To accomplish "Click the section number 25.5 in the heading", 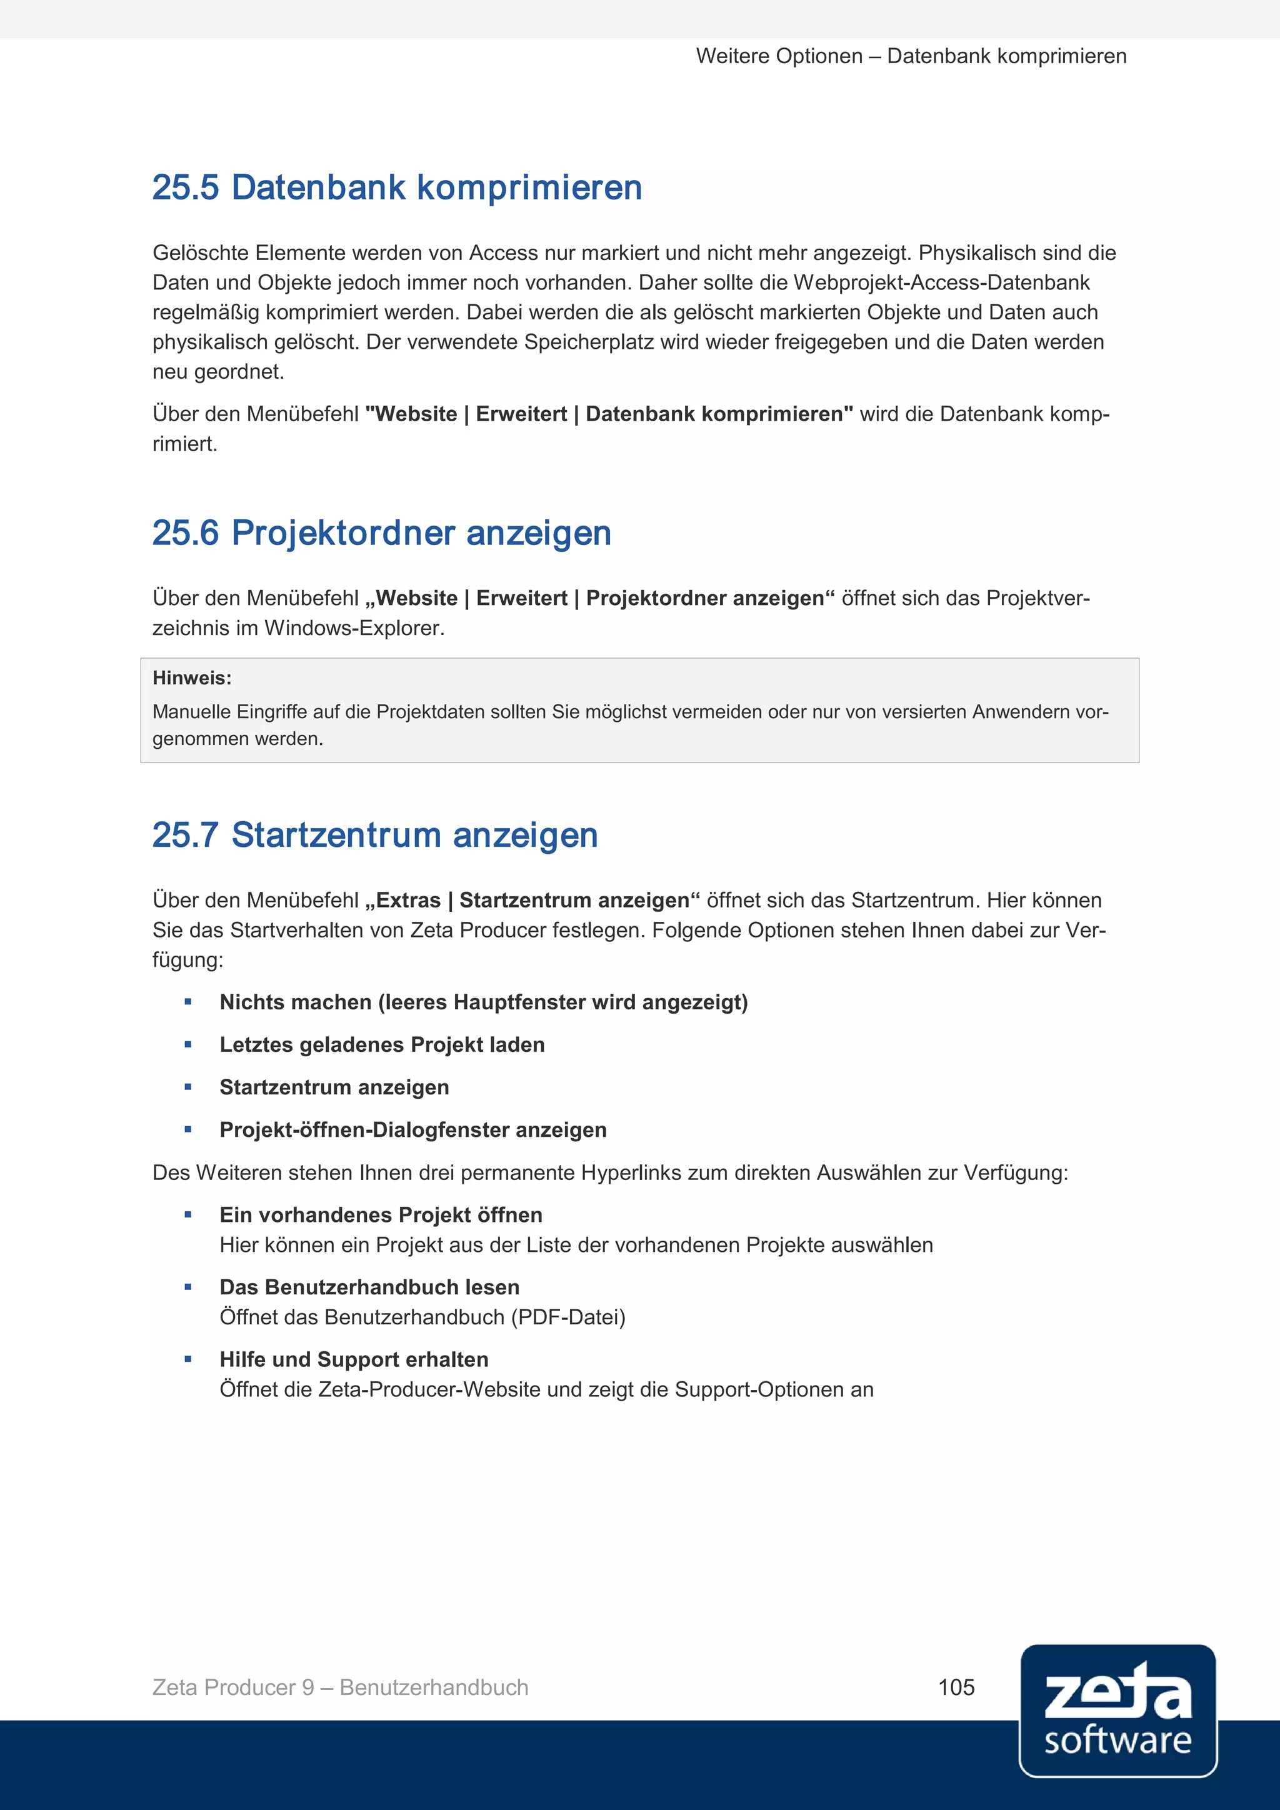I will point(185,187).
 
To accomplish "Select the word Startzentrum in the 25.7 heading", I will point(336,835).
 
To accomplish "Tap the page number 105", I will point(956,1687).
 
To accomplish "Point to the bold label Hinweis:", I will point(191,678).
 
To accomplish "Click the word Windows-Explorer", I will point(354,628).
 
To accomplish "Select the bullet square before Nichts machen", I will point(187,1002).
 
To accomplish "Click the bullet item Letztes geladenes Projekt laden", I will point(381,1044).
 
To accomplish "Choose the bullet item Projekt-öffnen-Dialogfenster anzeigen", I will point(412,1129).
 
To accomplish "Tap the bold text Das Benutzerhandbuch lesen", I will point(369,1287).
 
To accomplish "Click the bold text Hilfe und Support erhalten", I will point(354,1359).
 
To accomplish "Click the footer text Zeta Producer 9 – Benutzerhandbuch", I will point(340,1687).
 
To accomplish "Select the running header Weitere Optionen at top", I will point(779,57).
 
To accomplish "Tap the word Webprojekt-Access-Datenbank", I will point(941,283).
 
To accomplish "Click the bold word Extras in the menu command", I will point(407,900).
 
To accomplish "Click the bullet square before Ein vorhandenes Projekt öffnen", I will point(187,1215).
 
